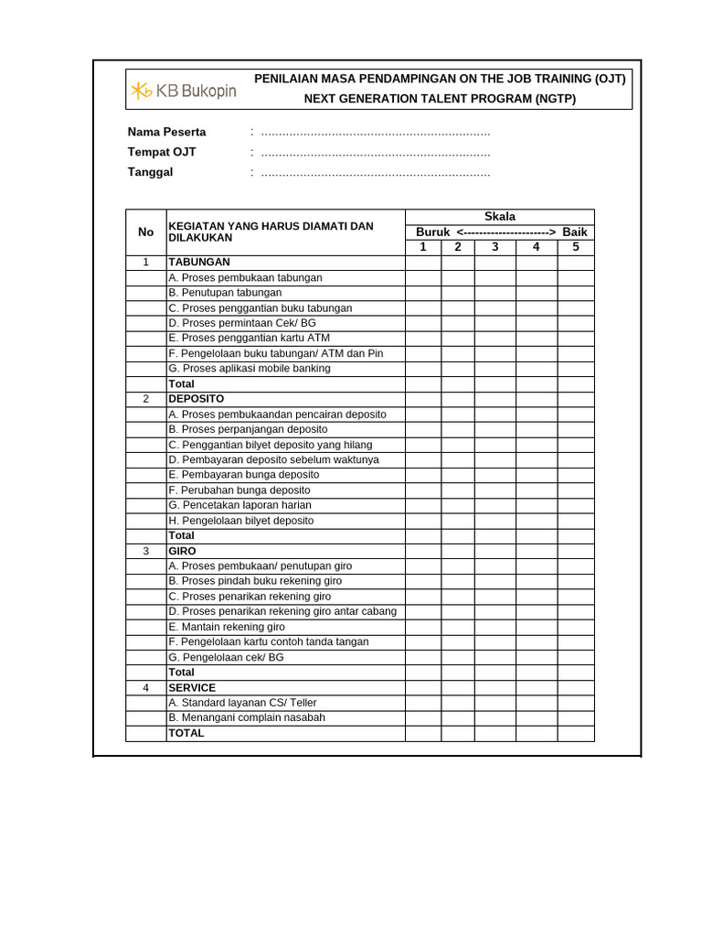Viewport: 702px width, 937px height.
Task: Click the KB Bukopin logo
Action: (x=183, y=90)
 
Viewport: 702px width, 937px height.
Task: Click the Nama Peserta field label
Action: (x=166, y=132)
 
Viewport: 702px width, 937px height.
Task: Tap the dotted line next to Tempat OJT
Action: (x=375, y=153)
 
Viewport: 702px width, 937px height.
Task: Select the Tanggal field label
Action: (x=150, y=172)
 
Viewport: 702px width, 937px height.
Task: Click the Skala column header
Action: (x=499, y=217)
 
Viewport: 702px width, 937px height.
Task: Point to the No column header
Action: (x=146, y=232)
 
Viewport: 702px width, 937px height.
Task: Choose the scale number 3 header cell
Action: (x=495, y=247)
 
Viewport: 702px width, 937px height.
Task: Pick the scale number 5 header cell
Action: (x=575, y=247)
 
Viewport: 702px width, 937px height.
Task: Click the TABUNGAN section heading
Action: (x=199, y=263)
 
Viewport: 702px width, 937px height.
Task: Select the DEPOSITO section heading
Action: (x=196, y=399)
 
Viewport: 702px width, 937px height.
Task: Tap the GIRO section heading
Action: (x=182, y=551)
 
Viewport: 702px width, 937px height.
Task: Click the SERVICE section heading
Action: (x=192, y=687)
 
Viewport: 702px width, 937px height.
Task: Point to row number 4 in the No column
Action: (x=146, y=687)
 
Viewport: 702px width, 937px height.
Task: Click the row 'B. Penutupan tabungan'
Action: (x=225, y=293)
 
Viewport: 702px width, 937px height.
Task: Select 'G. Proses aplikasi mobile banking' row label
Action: (x=250, y=369)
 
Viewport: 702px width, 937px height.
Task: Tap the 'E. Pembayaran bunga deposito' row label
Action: (x=244, y=475)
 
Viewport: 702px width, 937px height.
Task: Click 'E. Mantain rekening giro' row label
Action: (x=227, y=627)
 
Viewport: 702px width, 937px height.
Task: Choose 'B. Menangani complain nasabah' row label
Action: (x=247, y=717)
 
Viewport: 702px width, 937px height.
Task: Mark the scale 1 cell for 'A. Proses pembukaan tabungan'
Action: (x=423, y=277)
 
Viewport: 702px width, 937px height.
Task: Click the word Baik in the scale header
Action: (x=575, y=232)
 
